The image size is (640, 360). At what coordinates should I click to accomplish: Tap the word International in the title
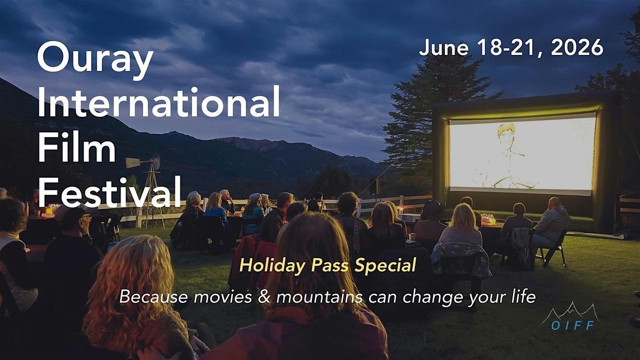click(x=158, y=102)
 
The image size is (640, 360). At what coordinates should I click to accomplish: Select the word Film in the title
click(x=77, y=146)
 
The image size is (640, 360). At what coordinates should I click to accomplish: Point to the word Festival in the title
click(x=109, y=191)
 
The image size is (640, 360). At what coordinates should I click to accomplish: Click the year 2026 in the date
click(x=577, y=47)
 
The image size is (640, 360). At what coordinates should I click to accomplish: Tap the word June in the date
click(x=443, y=47)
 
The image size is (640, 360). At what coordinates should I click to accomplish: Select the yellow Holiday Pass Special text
click(x=327, y=266)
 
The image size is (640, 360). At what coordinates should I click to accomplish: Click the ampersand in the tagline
click(x=264, y=297)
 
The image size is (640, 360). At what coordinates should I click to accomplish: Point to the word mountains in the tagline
click(x=319, y=297)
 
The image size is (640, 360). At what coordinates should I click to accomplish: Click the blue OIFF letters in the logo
click(x=573, y=325)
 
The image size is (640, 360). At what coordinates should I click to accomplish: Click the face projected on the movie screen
click(x=506, y=138)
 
